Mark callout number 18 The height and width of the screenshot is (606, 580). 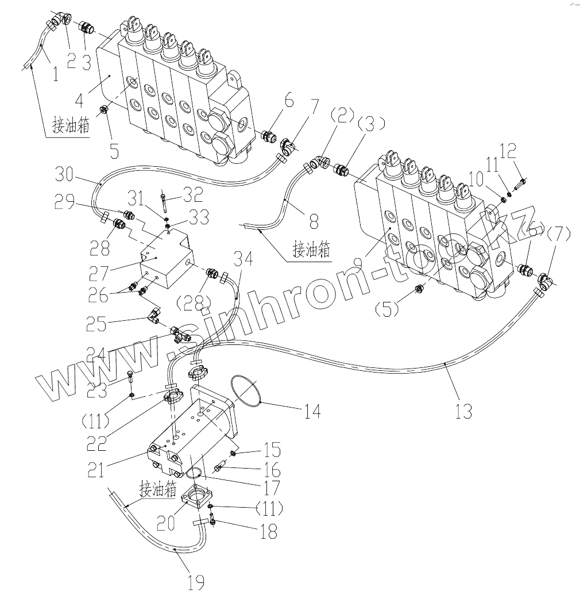pyautogui.click(x=268, y=531)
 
